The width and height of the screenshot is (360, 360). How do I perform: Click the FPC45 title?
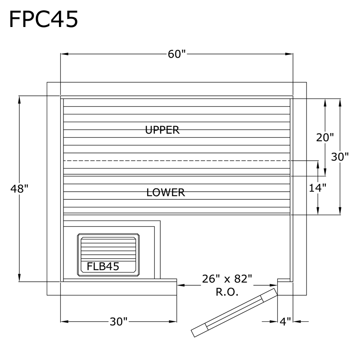[x=44, y=19]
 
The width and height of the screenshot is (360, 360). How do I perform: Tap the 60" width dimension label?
[x=176, y=54]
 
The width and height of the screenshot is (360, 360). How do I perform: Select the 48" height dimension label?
[x=19, y=189]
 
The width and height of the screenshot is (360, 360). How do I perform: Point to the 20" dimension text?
[x=325, y=138]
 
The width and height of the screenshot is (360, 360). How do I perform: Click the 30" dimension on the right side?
[x=340, y=157]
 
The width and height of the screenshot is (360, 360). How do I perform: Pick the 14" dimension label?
[x=318, y=188]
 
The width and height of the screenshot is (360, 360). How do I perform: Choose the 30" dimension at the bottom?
[x=118, y=322]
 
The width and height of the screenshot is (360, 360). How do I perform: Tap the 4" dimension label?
[x=285, y=322]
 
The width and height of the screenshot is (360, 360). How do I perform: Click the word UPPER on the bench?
[x=162, y=130]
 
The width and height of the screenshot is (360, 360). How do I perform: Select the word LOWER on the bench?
[x=166, y=193]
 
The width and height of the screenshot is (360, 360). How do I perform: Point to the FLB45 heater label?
[x=103, y=266]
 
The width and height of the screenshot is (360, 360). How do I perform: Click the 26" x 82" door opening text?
[x=227, y=279]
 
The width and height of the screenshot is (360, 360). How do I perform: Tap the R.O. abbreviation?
[x=227, y=292]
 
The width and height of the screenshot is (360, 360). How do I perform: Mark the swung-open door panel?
[x=234, y=313]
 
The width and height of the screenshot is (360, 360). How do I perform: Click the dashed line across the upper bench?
[x=177, y=161]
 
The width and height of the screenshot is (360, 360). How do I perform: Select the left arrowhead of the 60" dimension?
[x=64, y=54]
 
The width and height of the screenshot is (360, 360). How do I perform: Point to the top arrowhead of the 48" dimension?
[x=19, y=99]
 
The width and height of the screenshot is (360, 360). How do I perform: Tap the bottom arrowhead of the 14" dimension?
[x=318, y=211]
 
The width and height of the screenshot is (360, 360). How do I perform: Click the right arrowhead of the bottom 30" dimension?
[x=173, y=321]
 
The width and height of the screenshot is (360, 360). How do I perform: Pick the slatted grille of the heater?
[x=108, y=249]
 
